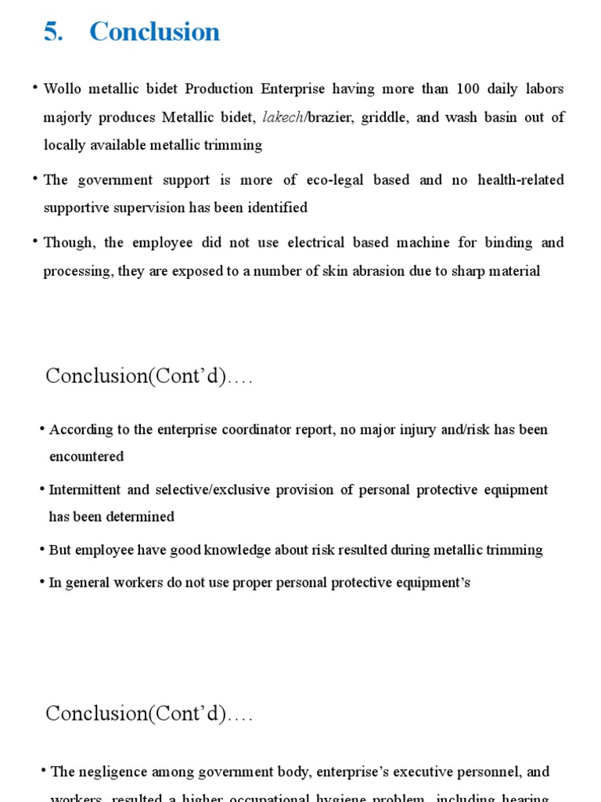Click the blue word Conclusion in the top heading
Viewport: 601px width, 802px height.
tap(154, 32)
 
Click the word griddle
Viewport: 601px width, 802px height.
tap(384, 117)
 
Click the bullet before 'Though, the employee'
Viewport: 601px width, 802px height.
tap(35, 242)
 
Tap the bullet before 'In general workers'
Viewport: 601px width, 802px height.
tap(41, 582)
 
